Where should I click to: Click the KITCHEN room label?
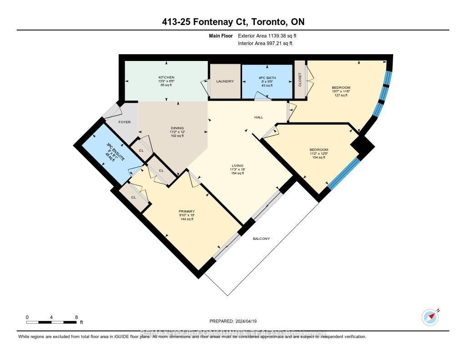tap(166, 77)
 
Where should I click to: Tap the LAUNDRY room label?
tap(225, 81)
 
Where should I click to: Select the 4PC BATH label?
tap(266, 77)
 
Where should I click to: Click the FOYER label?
tap(125, 122)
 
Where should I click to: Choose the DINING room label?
tap(177, 128)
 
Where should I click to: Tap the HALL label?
tap(258, 117)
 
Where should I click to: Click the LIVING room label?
tap(237, 166)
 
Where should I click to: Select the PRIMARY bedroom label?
tap(187, 211)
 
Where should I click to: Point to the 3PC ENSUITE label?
tap(116, 152)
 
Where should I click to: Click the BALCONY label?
tap(261, 238)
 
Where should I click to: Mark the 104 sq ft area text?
tap(319, 157)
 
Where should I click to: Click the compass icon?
tap(430, 317)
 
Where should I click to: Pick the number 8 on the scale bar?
tap(76, 317)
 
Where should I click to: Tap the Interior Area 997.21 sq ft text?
tap(265, 43)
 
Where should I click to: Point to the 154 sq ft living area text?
tap(237, 173)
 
